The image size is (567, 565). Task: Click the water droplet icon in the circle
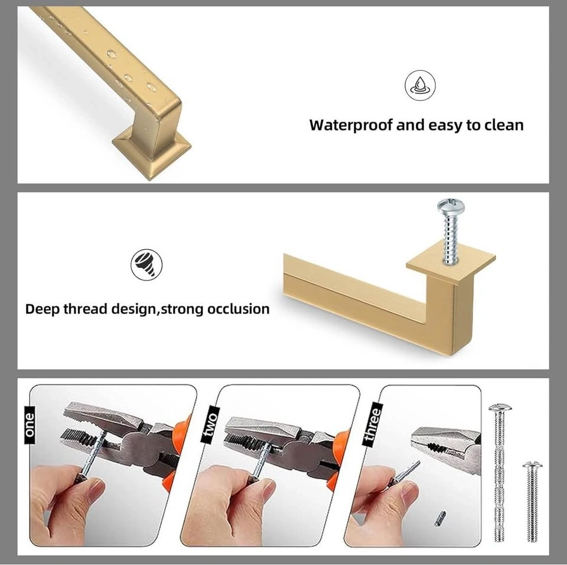pyautogui.click(x=420, y=85)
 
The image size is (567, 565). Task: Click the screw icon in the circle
pyautogui.click(x=146, y=264)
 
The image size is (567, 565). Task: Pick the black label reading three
pyautogui.click(x=373, y=423)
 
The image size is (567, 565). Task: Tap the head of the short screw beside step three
pyautogui.click(x=532, y=465)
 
